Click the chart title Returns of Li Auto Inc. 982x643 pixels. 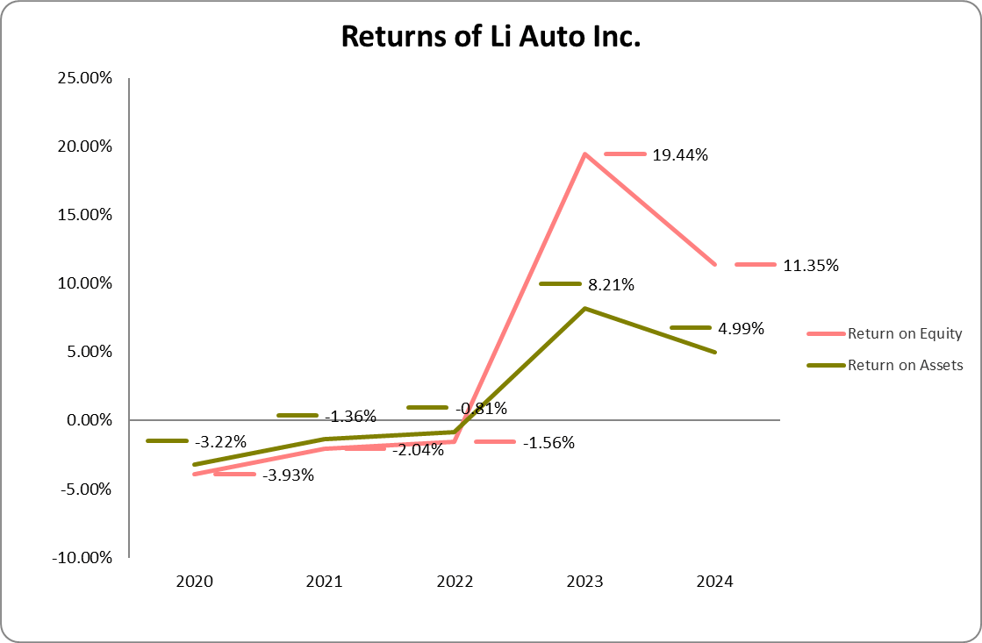click(491, 37)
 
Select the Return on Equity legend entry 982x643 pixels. click(904, 333)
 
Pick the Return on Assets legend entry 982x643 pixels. click(905, 365)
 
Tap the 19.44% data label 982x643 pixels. click(679, 155)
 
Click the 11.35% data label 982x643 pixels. click(810, 265)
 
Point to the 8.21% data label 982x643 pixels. click(611, 285)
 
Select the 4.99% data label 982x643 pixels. click(741, 329)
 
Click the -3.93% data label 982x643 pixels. click(289, 475)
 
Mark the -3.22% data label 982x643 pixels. click(220, 440)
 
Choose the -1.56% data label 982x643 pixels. click(548, 443)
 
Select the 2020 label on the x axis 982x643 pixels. click(194, 582)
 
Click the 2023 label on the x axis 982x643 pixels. click(584, 582)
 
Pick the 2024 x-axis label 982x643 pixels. click(714, 582)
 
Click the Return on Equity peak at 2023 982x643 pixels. click(584, 154)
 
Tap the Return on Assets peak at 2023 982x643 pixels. click(584, 308)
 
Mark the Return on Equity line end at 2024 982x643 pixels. click(714, 264)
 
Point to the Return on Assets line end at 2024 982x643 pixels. click(714, 352)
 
